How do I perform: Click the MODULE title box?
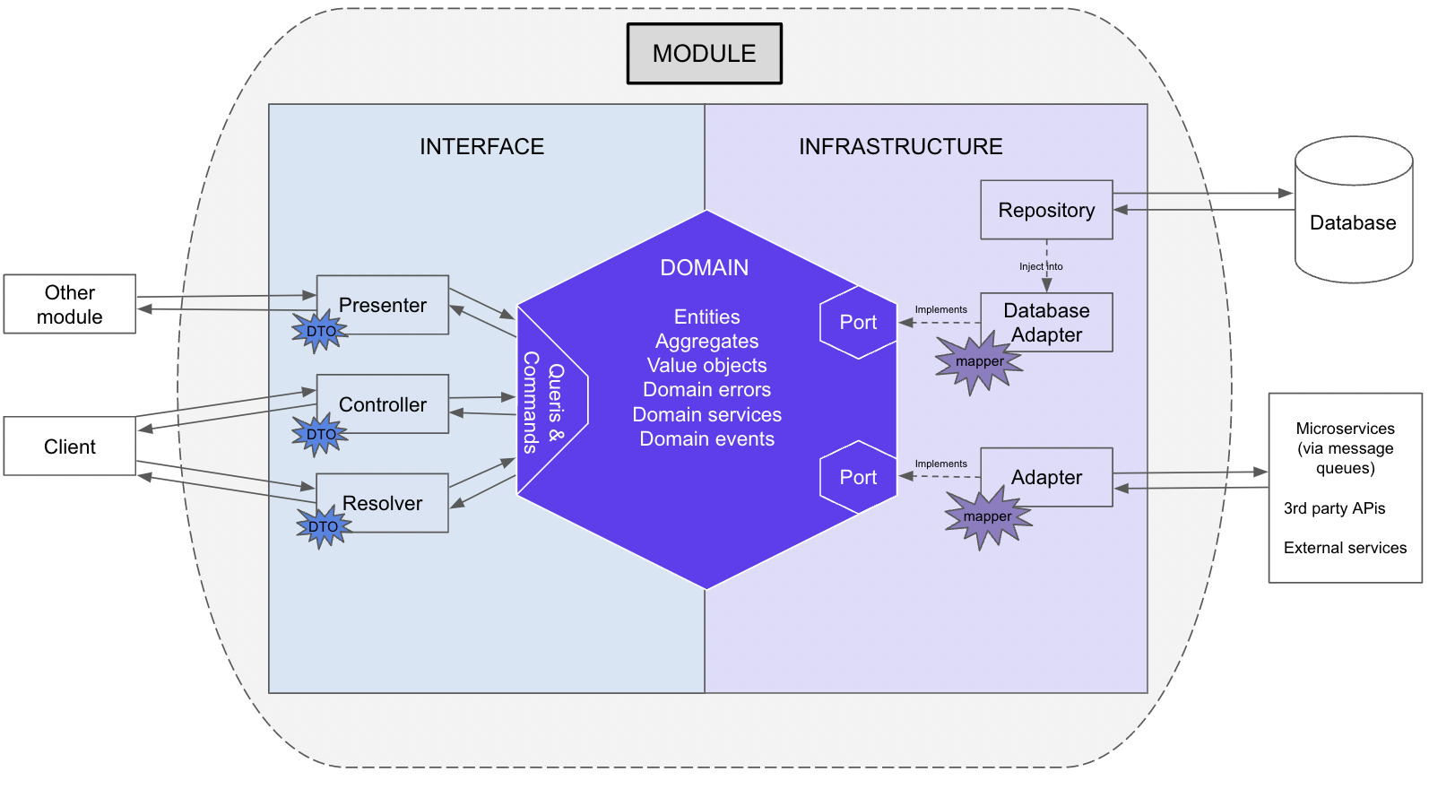704,54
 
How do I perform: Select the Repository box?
1046,210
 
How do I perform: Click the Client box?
70,447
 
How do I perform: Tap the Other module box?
70,305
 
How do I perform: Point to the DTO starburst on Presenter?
320,331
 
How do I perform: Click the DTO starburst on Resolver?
323,526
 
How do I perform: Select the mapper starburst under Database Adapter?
979,361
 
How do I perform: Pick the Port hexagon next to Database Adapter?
858,323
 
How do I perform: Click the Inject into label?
1041,266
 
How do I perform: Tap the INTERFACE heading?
481,147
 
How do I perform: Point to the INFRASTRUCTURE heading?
900,147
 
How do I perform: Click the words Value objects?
706,366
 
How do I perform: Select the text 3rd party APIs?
1334,508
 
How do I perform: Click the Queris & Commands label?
543,402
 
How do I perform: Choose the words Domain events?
706,439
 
